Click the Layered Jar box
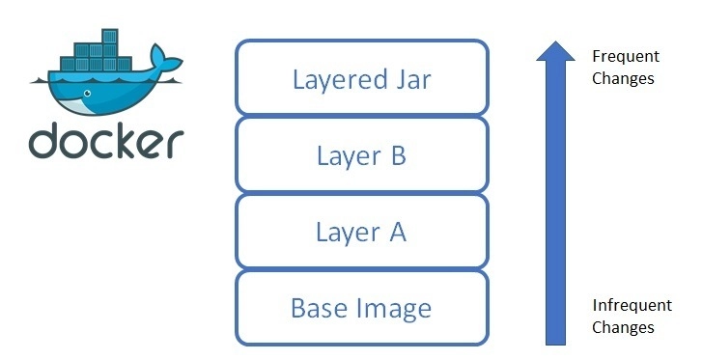pos(361,77)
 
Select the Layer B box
pos(361,154)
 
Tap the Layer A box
pos(361,232)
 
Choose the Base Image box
pos(361,309)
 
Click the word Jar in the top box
pos(410,78)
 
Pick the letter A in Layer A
pos(395,232)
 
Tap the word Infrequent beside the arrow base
pos(632,305)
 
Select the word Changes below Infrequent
pos(623,327)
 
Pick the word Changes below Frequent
pos(624,78)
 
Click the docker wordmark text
pos(105,141)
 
